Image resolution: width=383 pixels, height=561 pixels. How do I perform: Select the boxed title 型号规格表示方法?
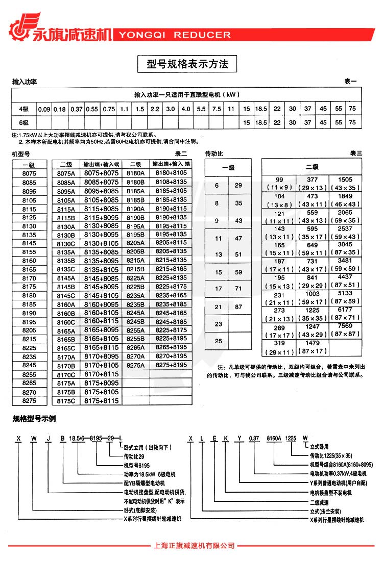point(187,64)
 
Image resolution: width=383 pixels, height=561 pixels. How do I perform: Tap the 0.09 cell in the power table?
point(44,109)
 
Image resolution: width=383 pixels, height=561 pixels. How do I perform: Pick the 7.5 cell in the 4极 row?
point(217,109)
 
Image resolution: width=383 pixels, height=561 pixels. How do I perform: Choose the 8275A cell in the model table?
point(136,365)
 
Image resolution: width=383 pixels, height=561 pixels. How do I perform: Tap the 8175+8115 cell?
point(101,401)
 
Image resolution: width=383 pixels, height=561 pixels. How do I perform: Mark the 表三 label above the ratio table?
point(355,154)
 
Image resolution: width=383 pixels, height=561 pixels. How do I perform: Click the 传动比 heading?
point(214,154)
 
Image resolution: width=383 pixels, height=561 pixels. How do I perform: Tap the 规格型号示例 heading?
point(34,419)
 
